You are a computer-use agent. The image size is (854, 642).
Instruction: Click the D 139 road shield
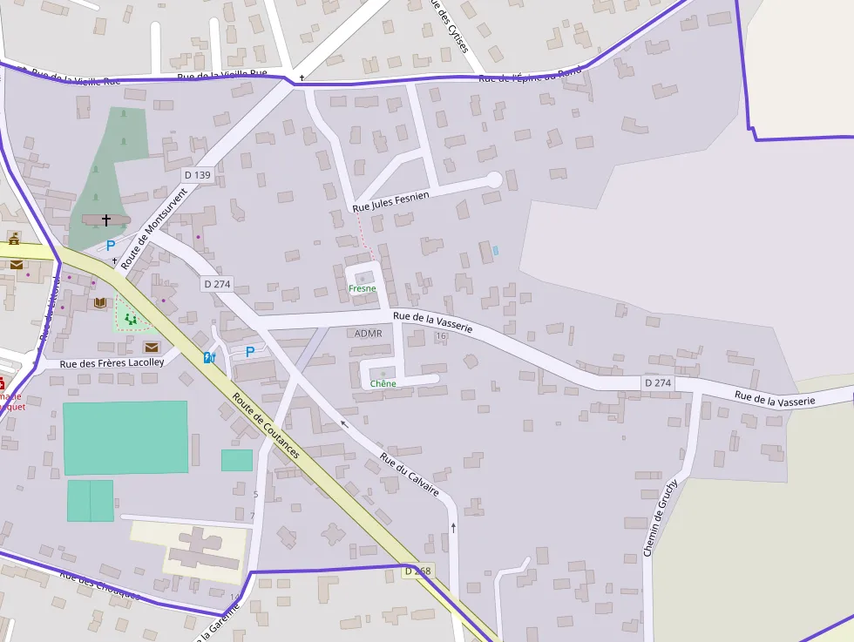(x=198, y=175)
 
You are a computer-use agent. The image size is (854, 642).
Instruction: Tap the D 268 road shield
(x=417, y=571)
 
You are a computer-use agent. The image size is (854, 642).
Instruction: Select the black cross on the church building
(x=106, y=220)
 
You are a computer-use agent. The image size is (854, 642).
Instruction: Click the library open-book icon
(x=100, y=302)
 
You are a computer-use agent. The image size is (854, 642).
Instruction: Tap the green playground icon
(x=131, y=319)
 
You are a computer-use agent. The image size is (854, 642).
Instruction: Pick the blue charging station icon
(x=209, y=357)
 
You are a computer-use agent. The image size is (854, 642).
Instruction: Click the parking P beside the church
(x=111, y=246)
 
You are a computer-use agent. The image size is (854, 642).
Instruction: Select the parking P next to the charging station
(x=250, y=352)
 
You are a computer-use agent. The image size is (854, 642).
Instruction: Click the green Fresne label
(x=362, y=288)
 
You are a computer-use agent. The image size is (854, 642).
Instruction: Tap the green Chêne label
(x=383, y=383)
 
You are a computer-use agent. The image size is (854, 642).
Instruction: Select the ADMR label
(x=369, y=334)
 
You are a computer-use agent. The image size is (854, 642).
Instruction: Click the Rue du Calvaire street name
(x=410, y=476)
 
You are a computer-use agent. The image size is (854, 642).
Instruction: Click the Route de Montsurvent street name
(x=154, y=227)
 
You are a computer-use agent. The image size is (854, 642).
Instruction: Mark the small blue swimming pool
(x=495, y=251)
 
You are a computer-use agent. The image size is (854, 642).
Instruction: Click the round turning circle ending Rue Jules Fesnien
(x=494, y=179)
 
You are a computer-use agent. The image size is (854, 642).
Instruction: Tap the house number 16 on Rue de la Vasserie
(x=441, y=336)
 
